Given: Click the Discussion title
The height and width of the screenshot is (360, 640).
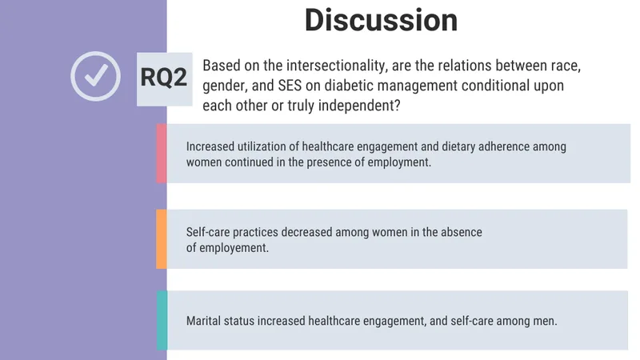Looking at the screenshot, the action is [382, 20].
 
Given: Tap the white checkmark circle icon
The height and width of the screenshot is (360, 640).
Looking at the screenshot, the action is [95, 52].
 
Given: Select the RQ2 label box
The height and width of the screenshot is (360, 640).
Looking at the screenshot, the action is [164, 78].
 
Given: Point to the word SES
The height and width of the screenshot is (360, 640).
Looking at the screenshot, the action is [290, 86].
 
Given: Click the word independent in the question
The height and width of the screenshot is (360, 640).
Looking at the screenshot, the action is [358, 106].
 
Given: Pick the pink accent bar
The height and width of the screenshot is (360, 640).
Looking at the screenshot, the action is [162, 153].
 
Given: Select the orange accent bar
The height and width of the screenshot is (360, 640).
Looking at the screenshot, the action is [162, 238].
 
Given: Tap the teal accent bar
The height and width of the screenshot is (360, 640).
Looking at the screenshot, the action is [162, 320].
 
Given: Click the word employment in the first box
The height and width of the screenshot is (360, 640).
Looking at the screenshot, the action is [398, 162].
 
